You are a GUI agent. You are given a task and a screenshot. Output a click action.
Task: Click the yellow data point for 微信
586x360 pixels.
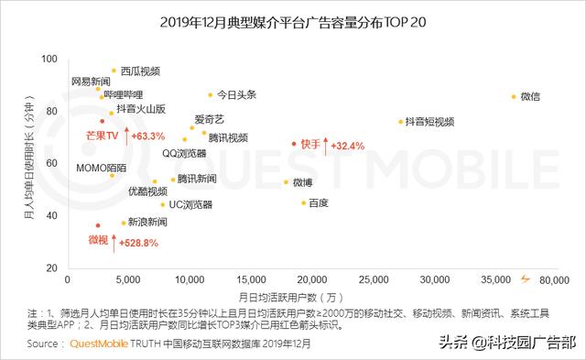(x=513, y=96)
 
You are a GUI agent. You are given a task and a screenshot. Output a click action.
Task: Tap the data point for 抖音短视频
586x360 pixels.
(x=400, y=121)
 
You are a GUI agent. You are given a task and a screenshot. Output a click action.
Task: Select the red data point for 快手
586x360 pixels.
(x=294, y=144)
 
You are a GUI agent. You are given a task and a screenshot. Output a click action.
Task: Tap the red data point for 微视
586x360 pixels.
(x=98, y=225)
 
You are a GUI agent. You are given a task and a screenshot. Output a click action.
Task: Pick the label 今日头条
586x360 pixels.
(x=237, y=94)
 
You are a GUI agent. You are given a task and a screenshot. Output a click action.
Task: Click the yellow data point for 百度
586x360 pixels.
(x=303, y=202)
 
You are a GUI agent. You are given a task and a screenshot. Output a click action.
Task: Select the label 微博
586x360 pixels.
(x=304, y=182)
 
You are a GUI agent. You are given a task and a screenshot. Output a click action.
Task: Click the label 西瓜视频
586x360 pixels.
(x=140, y=70)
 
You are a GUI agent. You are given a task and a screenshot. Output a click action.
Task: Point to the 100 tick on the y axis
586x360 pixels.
(x=50, y=59)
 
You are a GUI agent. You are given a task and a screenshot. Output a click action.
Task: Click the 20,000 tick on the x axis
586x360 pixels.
(x=312, y=278)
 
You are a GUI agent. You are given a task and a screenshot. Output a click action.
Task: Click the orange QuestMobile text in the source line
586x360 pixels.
(x=102, y=344)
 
